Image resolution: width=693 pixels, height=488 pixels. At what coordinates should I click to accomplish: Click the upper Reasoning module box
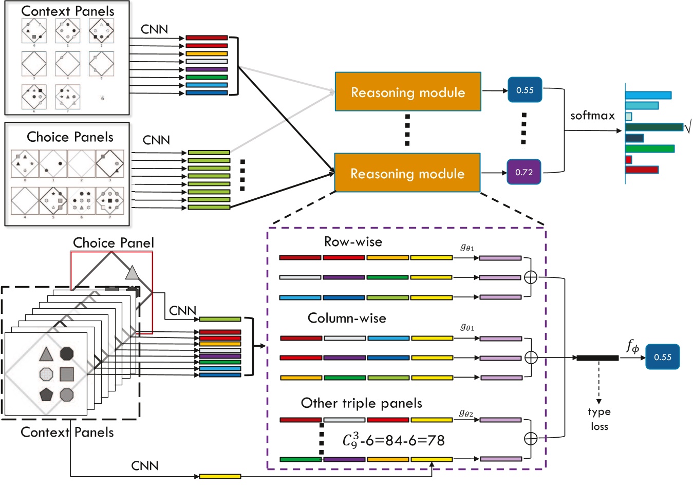tap(408, 92)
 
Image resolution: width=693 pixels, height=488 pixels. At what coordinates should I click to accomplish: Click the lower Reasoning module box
tap(407, 173)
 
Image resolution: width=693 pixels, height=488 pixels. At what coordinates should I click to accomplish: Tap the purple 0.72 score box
tap(524, 172)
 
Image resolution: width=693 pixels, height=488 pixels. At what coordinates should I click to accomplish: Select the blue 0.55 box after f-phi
tap(662, 357)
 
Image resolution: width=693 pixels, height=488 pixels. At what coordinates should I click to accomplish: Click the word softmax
tap(592, 116)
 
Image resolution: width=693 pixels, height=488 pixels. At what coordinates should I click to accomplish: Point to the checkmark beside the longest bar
tap(688, 126)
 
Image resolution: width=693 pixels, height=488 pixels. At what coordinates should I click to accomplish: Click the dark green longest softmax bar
tap(653, 127)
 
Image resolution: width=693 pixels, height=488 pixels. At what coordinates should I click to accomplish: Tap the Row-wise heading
tap(353, 241)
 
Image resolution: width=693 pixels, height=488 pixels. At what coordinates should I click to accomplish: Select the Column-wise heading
tap(347, 318)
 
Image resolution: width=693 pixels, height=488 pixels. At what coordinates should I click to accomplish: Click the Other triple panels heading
tap(361, 403)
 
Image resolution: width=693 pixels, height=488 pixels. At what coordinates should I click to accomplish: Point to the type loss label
tap(599, 419)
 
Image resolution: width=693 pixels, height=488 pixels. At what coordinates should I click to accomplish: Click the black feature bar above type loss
tap(597, 358)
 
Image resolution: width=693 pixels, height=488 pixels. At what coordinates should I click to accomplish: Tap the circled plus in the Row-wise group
tap(531, 277)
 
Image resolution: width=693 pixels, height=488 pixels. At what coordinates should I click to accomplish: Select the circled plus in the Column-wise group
tap(531, 358)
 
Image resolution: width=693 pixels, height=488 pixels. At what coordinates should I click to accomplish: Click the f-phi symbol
tap(632, 347)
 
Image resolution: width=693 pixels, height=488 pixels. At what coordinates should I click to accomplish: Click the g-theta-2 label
tap(466, 412)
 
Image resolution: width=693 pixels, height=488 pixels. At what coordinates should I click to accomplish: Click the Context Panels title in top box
tap(68, 11)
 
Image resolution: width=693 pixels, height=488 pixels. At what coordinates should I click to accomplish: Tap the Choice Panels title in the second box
tap(70, 137)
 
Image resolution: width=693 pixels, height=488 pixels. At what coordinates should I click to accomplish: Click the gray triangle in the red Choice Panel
tap(132, 273)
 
